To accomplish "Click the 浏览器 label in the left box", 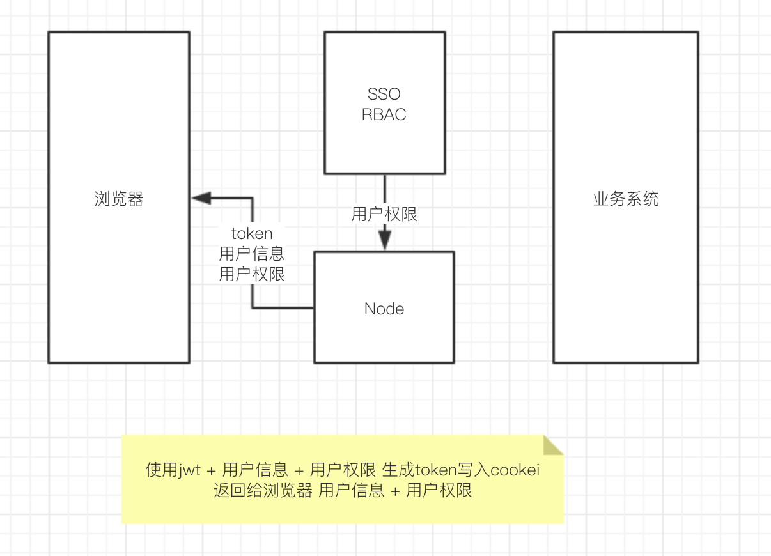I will [x=119, y=199].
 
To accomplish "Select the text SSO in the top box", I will [x=384, y=95].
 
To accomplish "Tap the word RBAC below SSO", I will [x=384, y=115].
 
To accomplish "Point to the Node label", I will [x=384, y=309].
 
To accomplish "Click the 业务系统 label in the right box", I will [x=626, y=199].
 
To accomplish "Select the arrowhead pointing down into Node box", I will [x=384, y=242].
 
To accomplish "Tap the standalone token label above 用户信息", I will [x=252, y=233].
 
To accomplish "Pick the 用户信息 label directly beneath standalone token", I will [x=252, y=254].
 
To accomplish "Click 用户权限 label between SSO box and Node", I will [x=384, y=214].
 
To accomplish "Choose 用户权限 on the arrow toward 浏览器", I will [x=252, y=274].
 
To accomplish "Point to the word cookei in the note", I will [x=515, y=471].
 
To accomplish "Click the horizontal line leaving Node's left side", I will [x=283, y=308].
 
